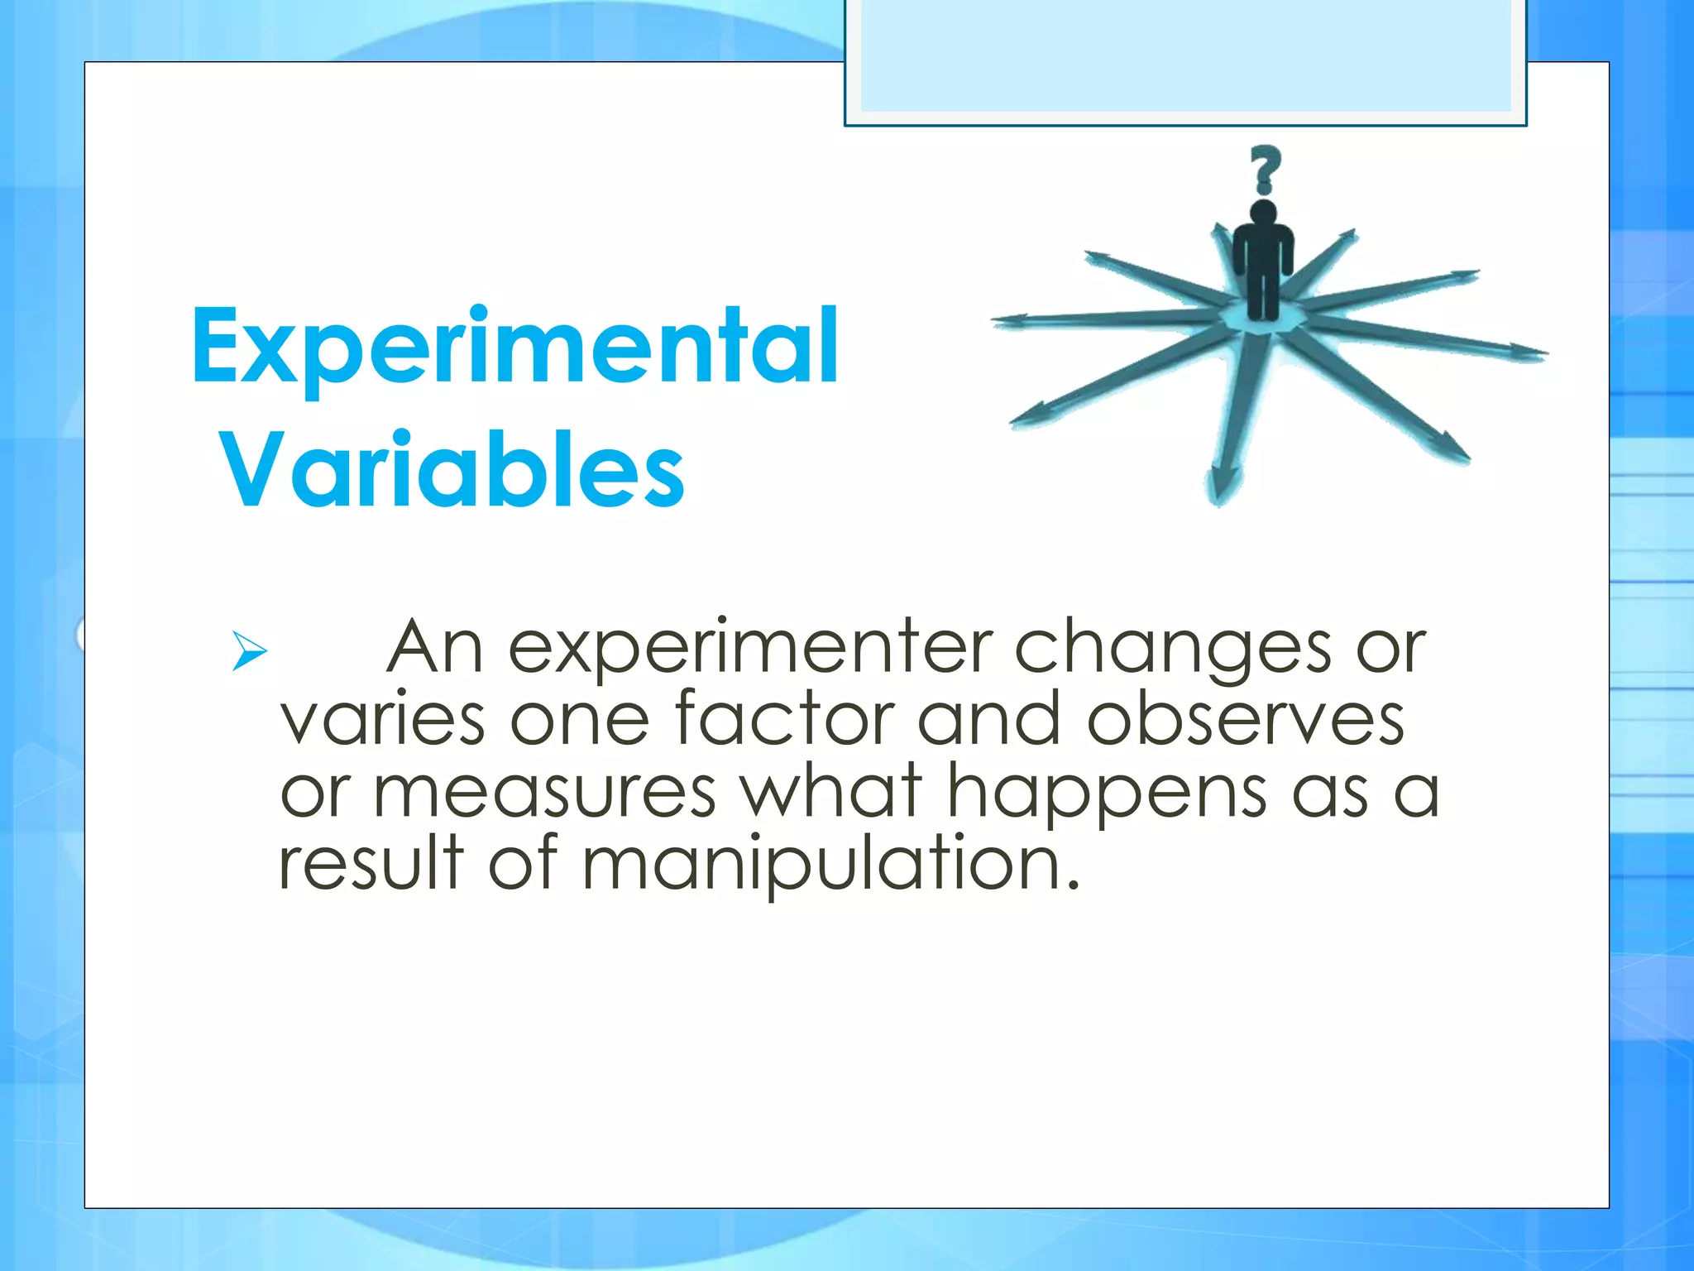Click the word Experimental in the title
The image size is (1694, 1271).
(514, 348)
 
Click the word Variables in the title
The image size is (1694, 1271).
(452, 471)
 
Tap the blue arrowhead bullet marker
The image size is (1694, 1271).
(249, 650)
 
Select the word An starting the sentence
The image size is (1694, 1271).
(435, 648)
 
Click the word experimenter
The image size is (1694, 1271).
(749, 650)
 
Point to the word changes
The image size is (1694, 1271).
(1172, 650)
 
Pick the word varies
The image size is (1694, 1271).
(382, 720)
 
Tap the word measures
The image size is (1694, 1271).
(544, 792)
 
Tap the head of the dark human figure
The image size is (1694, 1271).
(1263, 212)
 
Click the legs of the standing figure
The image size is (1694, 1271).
(1262, 294)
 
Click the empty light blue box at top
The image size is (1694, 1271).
(1185, 56)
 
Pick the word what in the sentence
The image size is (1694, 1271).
(830, 792)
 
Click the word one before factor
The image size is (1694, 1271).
(580, 720)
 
